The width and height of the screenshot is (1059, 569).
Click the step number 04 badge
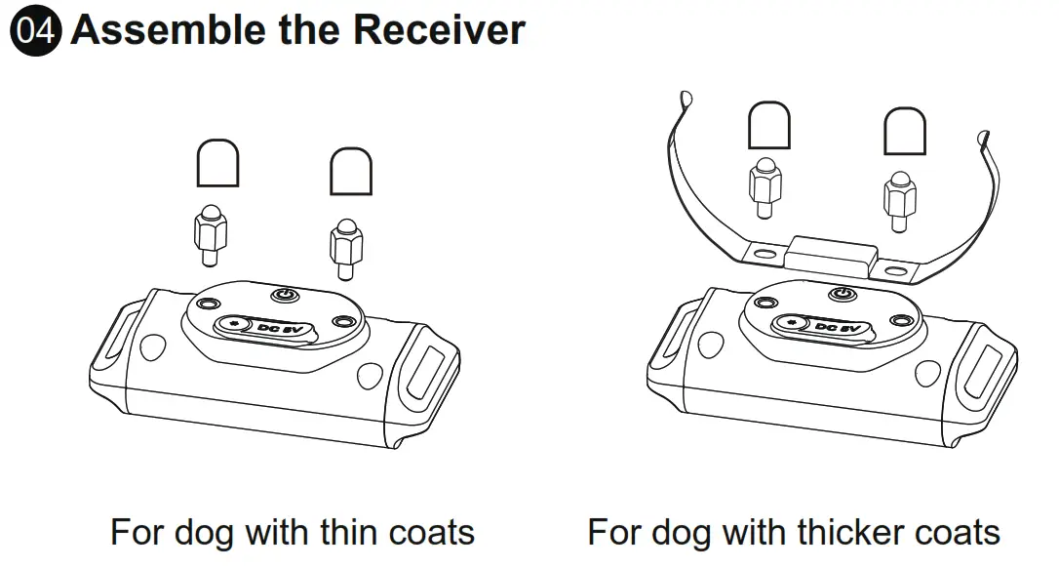click(x=36, y=31)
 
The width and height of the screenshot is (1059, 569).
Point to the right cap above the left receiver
click(x=351, y=173)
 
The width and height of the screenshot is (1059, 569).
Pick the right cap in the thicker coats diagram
click(x=904, y=131)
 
